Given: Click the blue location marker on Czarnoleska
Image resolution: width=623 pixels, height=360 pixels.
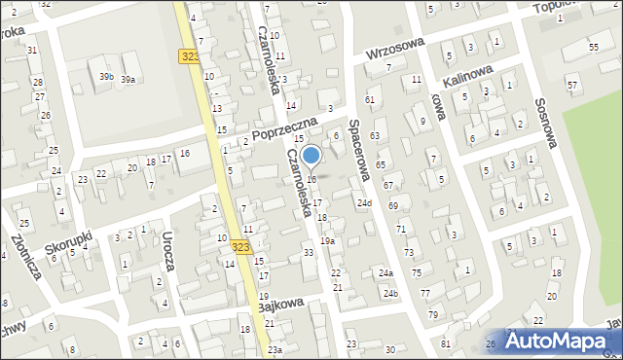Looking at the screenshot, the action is pos(311,156).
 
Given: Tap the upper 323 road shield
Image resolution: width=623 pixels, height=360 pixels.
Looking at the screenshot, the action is pos(191,56).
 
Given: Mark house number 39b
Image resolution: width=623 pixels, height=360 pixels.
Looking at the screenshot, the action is pos(105,76).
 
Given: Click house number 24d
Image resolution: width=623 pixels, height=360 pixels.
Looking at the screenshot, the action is pos(364,202).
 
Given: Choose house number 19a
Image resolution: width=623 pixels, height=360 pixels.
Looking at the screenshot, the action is pos(328,240).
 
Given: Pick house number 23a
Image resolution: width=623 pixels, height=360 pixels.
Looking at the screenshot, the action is pos(275,349).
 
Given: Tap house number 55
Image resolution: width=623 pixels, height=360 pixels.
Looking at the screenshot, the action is pos(593,47).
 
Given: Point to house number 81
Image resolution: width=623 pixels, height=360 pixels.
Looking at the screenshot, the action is pos(445,343).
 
